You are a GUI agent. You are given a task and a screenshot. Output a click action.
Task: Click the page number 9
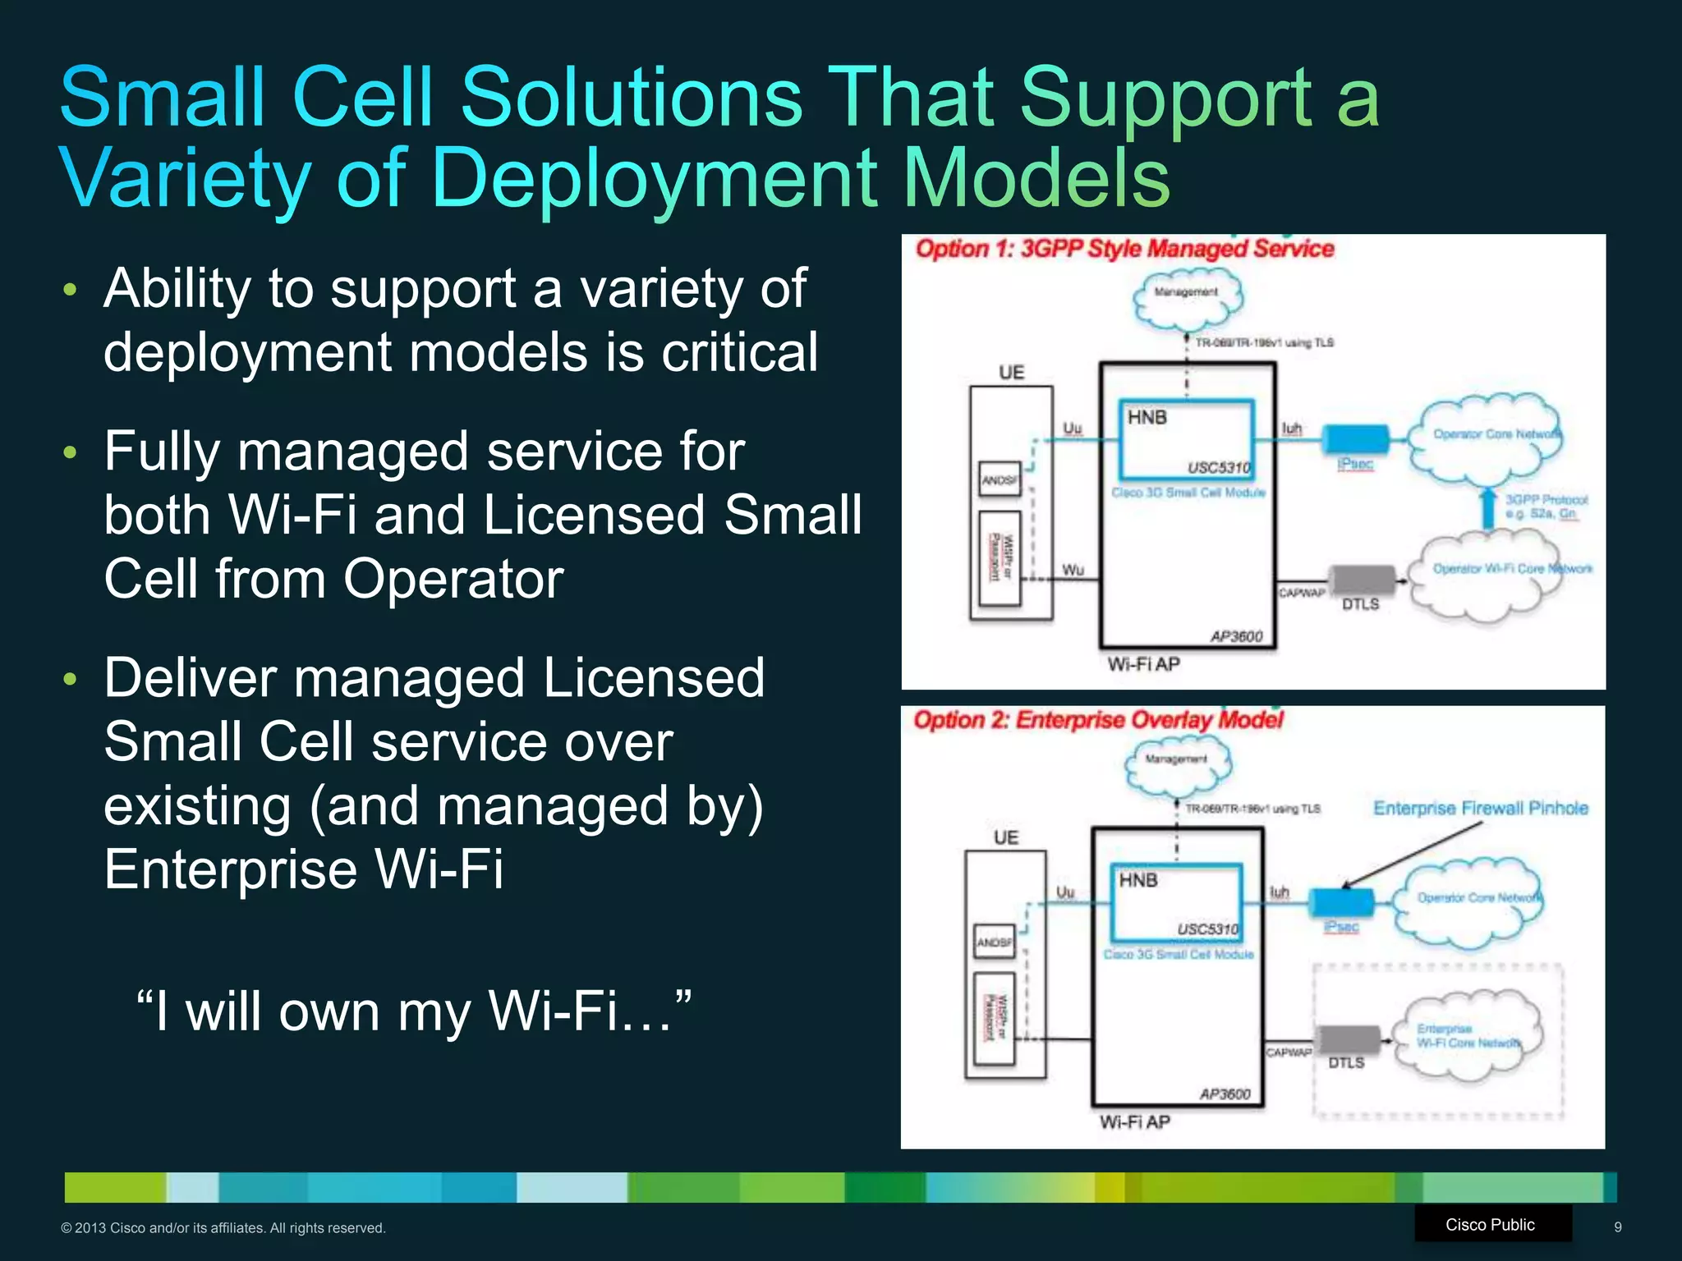1617,1227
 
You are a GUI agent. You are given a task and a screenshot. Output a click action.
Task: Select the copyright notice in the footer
223,1228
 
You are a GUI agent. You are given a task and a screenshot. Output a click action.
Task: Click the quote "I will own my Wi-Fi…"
413,1011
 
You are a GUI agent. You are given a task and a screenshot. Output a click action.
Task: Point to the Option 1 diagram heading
1124,249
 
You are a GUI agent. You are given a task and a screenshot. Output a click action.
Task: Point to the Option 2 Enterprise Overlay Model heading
1098,720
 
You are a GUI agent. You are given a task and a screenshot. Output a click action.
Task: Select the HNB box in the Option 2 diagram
1176,902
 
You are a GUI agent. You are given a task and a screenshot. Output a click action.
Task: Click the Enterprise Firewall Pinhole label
1480,808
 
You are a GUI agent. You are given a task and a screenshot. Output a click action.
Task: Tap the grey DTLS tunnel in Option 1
1363,580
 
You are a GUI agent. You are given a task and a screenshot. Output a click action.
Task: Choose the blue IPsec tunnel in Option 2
1340,901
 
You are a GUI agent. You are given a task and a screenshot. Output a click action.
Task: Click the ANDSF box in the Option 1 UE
1000,479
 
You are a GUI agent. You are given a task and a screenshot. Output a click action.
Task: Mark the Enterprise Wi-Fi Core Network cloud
1467,1036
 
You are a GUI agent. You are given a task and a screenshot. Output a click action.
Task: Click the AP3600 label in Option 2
1225,1094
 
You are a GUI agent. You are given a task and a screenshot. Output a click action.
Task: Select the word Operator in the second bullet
453,579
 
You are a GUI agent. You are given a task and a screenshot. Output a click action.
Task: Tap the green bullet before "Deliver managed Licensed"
70,679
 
